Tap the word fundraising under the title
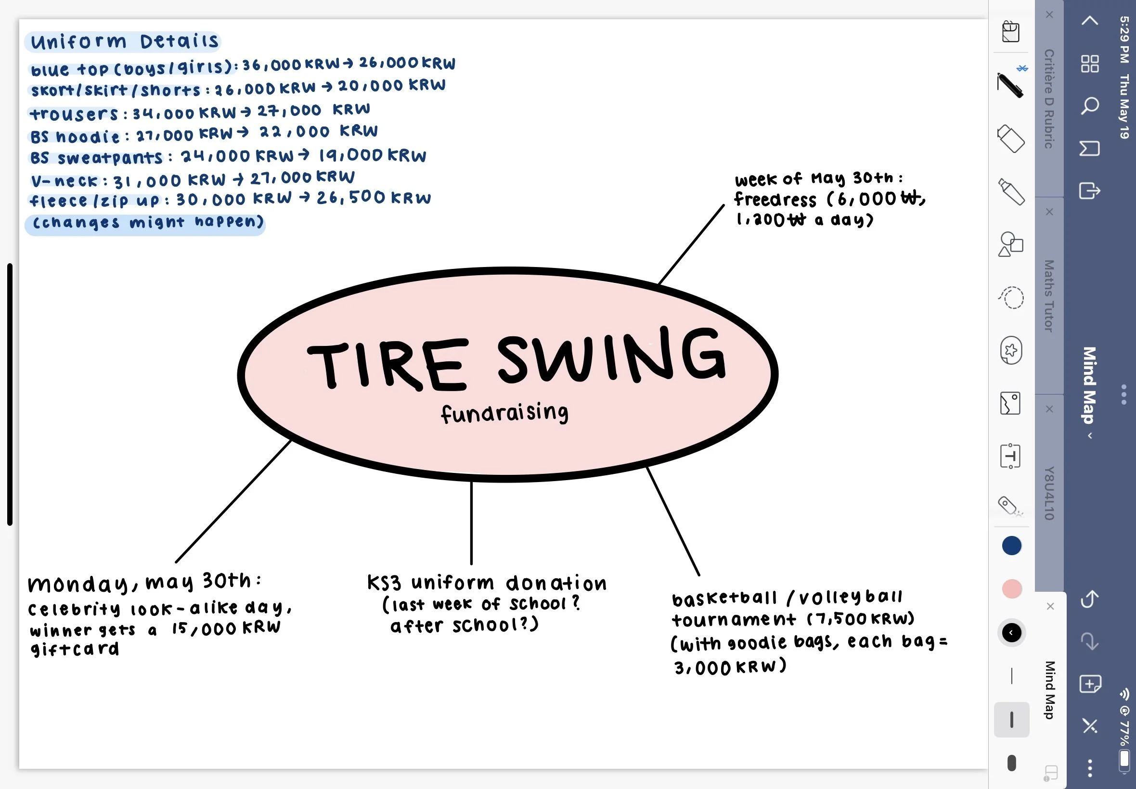[x=504, y=413]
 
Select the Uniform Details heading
[x=124, y=41]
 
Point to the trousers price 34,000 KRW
[x=184, y=113]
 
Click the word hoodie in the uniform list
[x=88, y=136]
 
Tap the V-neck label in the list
[x=65, y=181]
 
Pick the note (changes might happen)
[x=147, y=222]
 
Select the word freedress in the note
[x=775, y=199]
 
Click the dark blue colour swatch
[x=1011, y=546]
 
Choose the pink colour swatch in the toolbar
[x=1011, y=589]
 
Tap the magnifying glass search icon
[x=1089, y=106]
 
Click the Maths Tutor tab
[x=1048, y=295]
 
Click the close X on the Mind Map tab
[x=1050, y=606]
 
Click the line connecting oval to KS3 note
[x=471, y=522]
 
